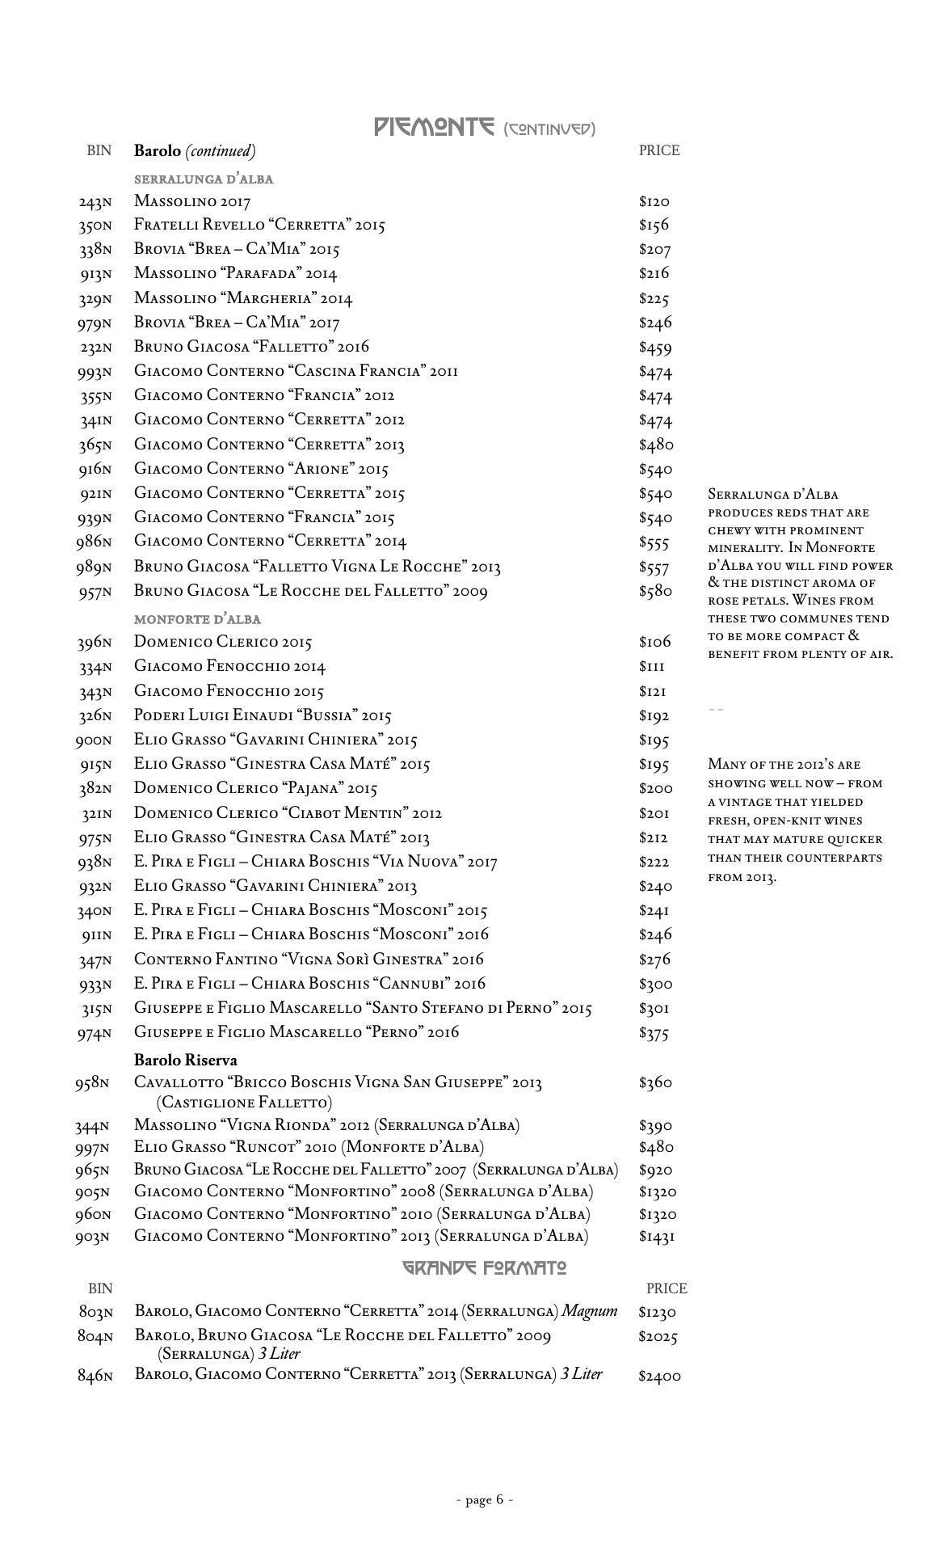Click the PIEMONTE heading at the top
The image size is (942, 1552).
tap(434, 127)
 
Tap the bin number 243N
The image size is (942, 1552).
tap(95, 202)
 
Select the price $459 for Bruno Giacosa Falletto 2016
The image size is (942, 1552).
tap(655, 348)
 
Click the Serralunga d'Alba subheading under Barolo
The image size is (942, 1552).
tap(204, 179)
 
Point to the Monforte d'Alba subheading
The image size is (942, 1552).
tap(197, 619)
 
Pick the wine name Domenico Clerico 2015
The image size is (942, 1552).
tap(223, 643)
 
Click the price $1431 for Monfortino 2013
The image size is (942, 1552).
tap(657, 1236)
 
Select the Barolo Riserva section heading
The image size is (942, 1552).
tap(186, 1060)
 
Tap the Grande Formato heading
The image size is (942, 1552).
tap(485, 1267)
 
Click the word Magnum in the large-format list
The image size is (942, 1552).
tap(590, 1311)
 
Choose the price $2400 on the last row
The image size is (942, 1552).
tap(659, 1376)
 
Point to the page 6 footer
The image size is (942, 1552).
tap(485, 1499)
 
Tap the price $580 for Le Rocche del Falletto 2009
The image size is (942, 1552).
tap(655, 591)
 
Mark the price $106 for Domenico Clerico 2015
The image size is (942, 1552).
tap(654, 643)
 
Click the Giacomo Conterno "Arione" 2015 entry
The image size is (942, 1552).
tap(262, 469)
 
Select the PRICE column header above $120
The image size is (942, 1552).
tap(659, 150)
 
